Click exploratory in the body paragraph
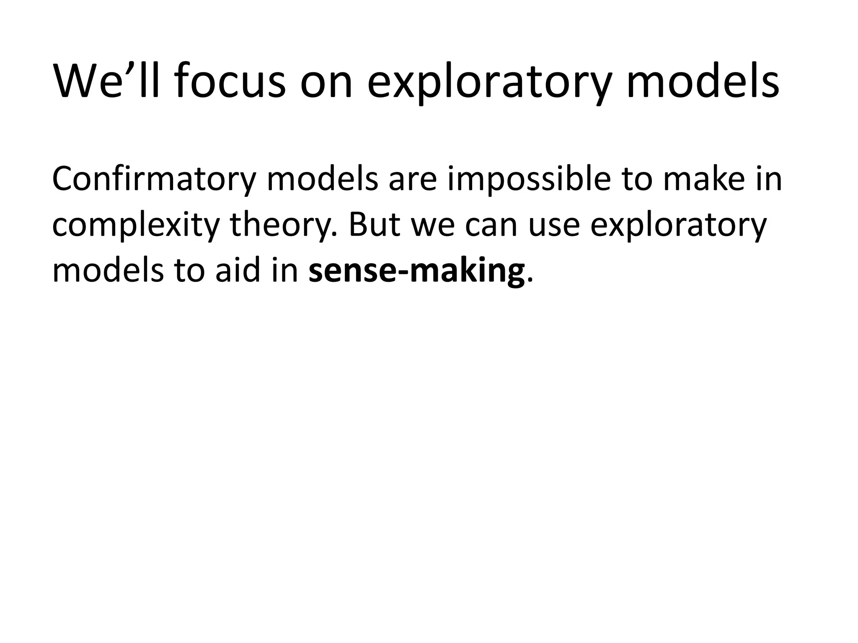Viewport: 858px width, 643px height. click(678, 226)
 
